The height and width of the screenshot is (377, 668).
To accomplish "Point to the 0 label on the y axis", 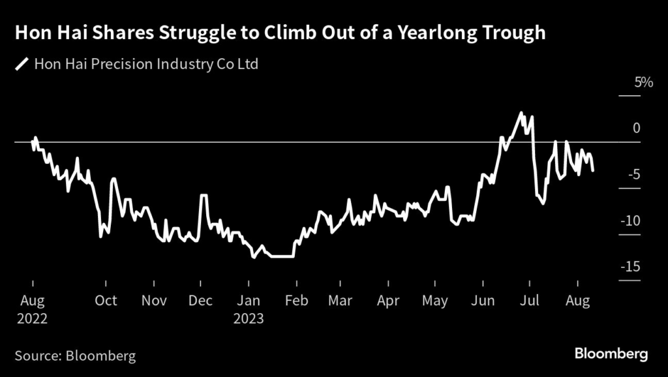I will click(x=636, y=128).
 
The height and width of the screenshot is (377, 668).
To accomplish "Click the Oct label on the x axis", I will click(x=106, y=301).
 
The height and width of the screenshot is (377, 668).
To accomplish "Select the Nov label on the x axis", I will click(x=155, y=301).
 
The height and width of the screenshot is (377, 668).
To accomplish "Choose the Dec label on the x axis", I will click(x=200, y=301).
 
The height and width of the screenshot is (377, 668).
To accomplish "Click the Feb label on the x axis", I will click(x=297, y=301).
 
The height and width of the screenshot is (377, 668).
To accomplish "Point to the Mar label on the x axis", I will click(x=341, y=301).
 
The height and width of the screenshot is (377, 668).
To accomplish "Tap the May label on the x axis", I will click(x=435, y=301).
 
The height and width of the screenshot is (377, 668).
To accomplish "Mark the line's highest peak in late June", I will click(x=521, y=113).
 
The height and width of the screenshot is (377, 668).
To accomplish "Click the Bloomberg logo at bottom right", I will click(x=611, y=354).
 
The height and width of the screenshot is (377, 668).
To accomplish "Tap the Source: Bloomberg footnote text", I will click(x=75, y=355).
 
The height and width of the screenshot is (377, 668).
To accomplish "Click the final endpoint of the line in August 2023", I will click(x=593, y=171).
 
